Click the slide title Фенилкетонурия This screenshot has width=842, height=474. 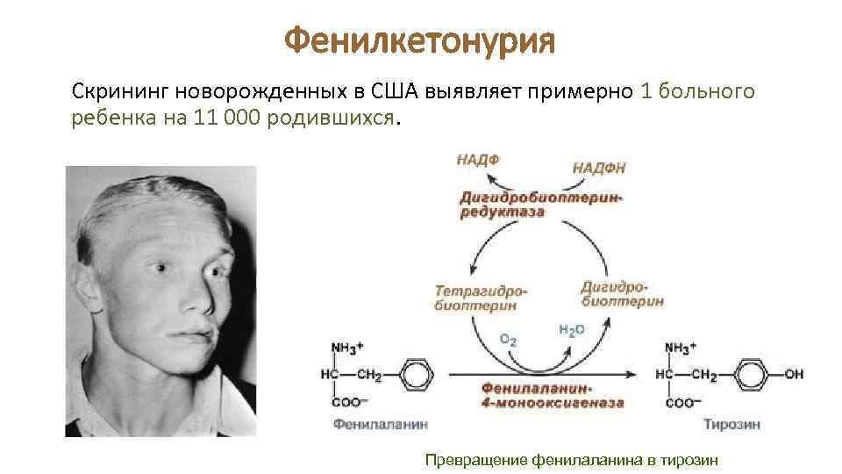coord(421,39)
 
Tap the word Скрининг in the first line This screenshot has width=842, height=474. coord(120,91)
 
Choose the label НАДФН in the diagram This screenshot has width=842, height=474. coord(599,166)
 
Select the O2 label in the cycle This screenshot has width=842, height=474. coord(508,339)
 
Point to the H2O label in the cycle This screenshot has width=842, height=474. coord(571,329)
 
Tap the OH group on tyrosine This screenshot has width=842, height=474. coord(793,374)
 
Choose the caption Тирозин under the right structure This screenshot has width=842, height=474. coord(732,424)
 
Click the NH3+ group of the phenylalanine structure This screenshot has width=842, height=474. coord(344,348)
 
